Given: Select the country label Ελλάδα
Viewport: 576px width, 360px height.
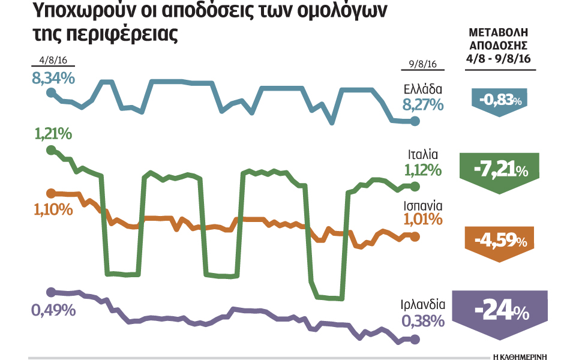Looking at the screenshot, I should pos(423,91).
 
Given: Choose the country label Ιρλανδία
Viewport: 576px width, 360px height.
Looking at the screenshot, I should pos(422,304).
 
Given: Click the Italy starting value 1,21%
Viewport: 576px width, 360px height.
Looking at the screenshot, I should pos(53,134).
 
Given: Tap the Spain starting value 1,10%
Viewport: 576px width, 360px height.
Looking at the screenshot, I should pos(53,209).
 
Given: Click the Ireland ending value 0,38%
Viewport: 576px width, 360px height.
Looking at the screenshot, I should pos(423,320).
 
